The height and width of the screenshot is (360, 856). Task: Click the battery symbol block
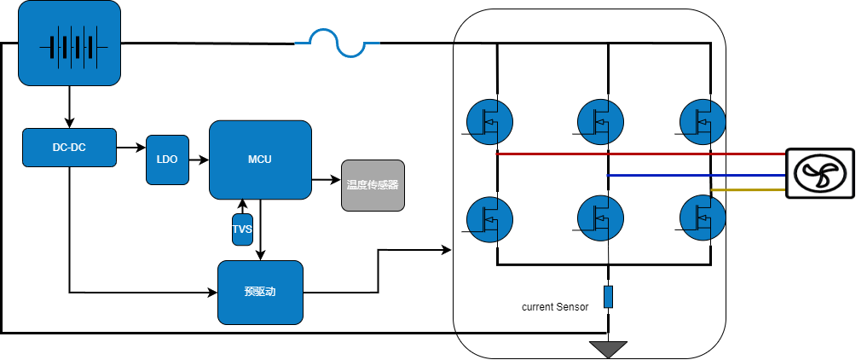point(69,44)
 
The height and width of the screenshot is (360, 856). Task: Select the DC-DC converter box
point(69,148)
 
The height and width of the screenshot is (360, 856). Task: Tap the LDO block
point(167,160)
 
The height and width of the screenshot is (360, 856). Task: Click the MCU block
point(260,160)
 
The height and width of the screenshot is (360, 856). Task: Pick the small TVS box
point(242,229)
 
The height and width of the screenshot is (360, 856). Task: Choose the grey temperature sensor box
point(373,185)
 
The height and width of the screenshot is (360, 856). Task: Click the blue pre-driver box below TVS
point(260,292)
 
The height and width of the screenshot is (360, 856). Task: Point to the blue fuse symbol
point(337,43)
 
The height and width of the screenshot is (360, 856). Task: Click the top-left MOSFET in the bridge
point(490,122)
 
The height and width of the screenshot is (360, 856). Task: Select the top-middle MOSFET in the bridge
point(600,122)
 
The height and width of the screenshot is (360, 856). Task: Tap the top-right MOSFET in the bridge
point(703,122)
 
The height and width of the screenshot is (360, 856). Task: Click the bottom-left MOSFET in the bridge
point(490,218)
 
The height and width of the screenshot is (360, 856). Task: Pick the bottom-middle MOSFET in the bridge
point(600,218)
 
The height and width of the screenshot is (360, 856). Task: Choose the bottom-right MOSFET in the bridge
point(703,218)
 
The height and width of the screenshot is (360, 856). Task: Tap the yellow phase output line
point(748,190)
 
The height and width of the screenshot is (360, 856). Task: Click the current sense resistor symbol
point(608,297)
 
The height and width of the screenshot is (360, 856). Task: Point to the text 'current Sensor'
point(555,307)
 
